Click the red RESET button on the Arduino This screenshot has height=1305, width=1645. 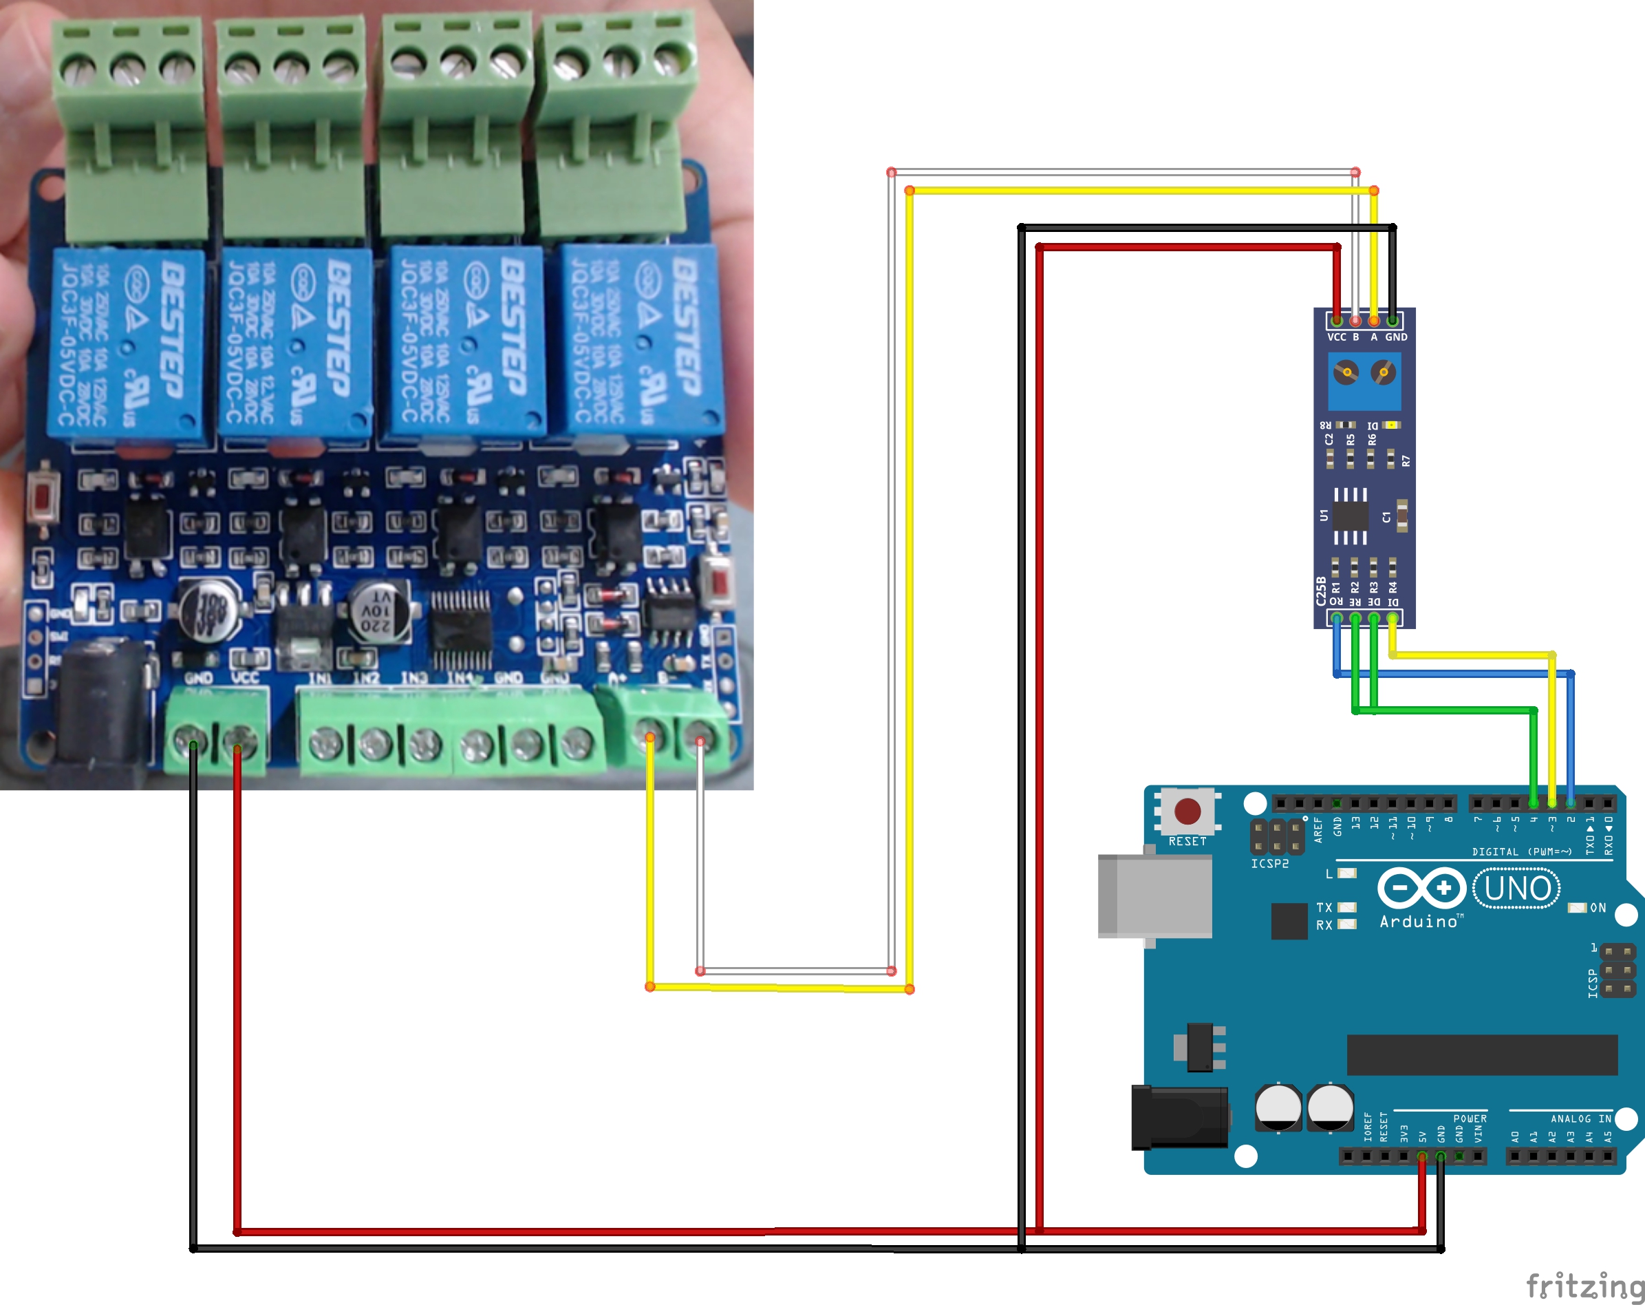coord(1187,811)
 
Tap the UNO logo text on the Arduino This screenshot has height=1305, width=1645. coord(1517,889)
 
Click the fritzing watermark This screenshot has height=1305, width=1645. coord(1584,1286)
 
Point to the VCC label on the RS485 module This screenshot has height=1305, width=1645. coord(1336,337)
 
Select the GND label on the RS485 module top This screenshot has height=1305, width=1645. coord(1396,337)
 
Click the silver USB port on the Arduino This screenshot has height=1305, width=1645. coord(1155,896)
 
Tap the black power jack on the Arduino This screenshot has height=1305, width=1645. coord(1179,1117)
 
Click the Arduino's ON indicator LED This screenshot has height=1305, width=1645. coord(1576,907)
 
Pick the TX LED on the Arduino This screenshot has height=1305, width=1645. coord(1346,907)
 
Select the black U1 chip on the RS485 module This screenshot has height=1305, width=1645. coord(1351,517)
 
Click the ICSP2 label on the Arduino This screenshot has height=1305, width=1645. coord(1269,864)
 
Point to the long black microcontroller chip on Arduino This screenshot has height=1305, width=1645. coord(1482,1054)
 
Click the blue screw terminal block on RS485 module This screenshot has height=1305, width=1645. coord(1365,381)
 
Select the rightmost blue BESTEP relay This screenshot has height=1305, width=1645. coord(643,339)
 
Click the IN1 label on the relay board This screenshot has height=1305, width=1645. coord(320,678)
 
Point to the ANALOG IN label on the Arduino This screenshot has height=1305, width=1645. coord(1580,1118)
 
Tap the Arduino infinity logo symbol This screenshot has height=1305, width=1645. coord(1422,889)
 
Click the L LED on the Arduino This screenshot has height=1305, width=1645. coord(1346,873)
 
